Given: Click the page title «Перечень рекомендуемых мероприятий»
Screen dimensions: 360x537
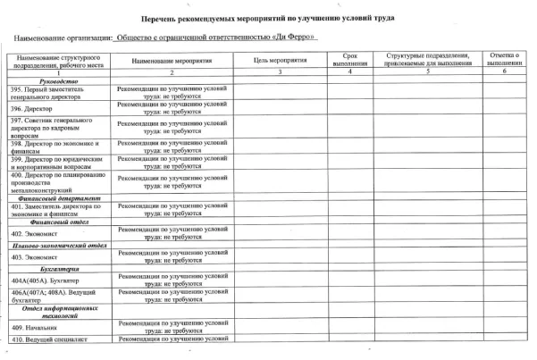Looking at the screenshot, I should pyautogui.click(x=269, y=17).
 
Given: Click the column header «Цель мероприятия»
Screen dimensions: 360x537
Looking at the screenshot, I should pyautogui.click(x=279, y=61).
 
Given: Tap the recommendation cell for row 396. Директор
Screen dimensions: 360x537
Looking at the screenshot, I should pyautogui.click(x=171, y=108).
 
